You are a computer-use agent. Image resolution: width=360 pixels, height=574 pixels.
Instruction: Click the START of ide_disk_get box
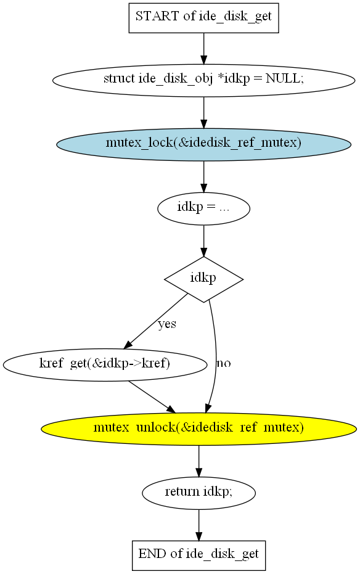(x=204, y=18)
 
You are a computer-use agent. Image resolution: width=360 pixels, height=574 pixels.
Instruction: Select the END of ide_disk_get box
(x=198, y=556)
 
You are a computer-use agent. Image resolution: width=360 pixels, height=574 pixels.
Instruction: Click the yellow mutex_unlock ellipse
(x=198, y=429)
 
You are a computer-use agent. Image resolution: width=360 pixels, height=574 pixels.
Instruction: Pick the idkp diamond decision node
(x=204, y=279)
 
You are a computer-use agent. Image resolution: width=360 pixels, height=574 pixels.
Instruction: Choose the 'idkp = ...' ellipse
(x=204, y=208)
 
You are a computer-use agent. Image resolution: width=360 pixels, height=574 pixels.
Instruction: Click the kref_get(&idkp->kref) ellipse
(x=105, y=365)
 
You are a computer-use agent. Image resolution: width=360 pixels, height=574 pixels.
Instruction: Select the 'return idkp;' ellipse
(x=198, y=493)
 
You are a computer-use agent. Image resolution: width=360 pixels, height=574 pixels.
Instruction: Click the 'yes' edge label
(x=167, y=324)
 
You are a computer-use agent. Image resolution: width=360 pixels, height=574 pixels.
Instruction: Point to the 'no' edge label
(x=224, y=363)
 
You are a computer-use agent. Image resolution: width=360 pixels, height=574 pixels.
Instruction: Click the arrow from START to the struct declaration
(x=204, y=49)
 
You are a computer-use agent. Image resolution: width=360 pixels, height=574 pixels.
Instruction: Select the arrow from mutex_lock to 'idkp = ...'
(x=204, y=176)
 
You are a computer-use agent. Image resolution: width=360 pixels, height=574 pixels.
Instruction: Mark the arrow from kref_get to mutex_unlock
(x=152, y=397)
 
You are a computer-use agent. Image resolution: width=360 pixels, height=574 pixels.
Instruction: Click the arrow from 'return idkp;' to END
(x=198, y=525)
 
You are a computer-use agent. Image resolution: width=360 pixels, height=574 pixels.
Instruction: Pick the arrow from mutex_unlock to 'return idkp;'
(x=198, y=461)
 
